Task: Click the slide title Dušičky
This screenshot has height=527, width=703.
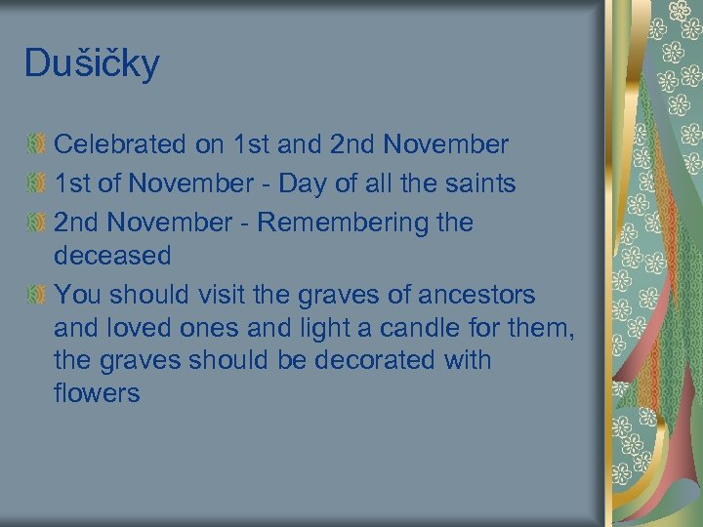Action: click(92, 64)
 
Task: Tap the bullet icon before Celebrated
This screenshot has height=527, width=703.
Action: click(36, 144)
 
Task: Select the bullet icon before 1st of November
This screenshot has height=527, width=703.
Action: click(36, 182)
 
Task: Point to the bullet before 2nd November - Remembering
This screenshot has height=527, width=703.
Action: click(36, 222)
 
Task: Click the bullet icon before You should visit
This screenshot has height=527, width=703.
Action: click(36, 294)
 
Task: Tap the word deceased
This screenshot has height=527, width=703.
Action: click(112, 256)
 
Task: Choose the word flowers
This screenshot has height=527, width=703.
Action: click(97, 393)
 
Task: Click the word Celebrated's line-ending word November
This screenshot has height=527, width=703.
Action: click(446, 144)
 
